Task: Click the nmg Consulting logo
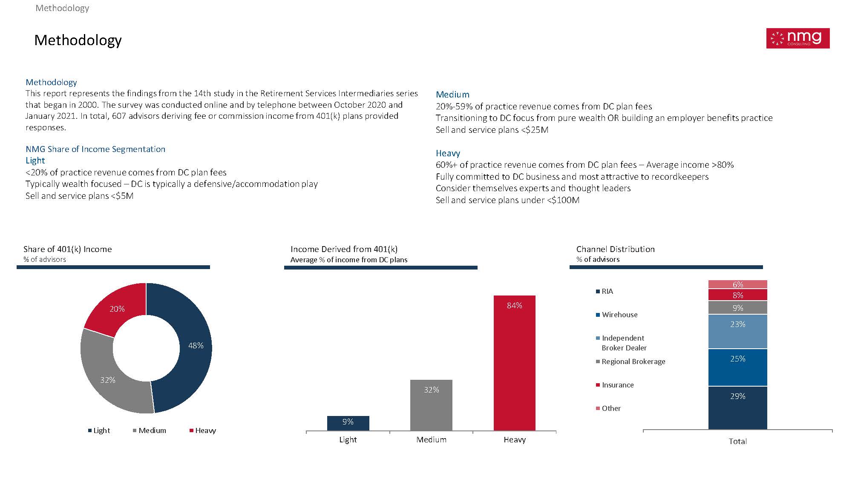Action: click(x=798, y=38)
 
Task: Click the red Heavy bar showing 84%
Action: click(x=514, y=363)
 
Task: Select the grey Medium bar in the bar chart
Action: click(x=431, y=405)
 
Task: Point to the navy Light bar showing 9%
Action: click(x=348, y=423)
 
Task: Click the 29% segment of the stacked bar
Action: click(x=737, y=408)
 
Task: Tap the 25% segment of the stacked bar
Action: click(x=737, y=367)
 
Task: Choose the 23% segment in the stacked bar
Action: click(x=737, y=332)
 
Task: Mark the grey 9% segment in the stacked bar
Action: click(x=737, y=307)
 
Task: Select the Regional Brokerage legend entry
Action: click(x=631, y=361)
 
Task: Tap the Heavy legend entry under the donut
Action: click(x=203, y=430)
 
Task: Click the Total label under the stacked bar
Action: click(x=737, y=441)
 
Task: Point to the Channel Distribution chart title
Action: click(x=615, y=249)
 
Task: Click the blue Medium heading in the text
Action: click(x=452, y=95)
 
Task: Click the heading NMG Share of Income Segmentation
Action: click(x=95, y=149)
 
